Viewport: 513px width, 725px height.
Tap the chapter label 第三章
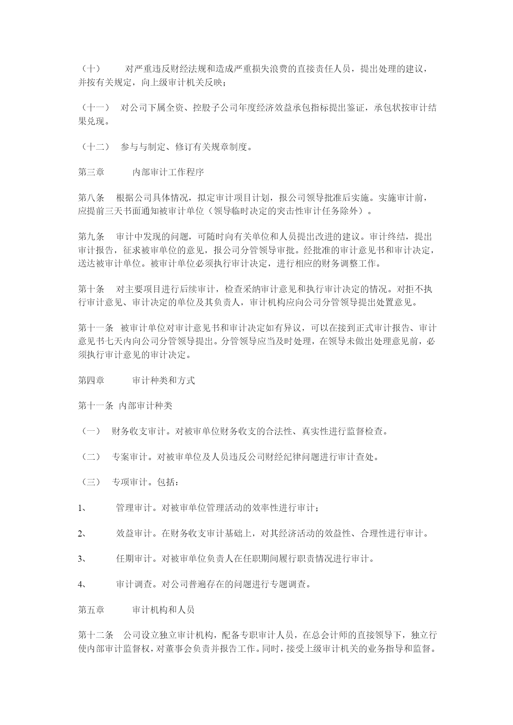tap(91, 172)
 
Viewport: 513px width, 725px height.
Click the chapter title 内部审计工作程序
tap(168, 172)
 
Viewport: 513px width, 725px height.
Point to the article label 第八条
tap(91, 198)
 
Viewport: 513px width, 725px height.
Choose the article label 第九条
tap(91, 237)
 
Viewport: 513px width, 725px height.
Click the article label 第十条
tap(91, 289)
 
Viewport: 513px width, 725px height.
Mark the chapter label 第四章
tap(91, 380)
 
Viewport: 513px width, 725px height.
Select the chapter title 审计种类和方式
tap(163, 380)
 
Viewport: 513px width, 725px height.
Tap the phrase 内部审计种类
tap(146, 406)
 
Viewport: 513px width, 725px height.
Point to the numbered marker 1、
tap(81, 508)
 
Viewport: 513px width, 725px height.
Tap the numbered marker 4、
tap(81, 584)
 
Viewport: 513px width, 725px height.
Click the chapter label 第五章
tap(91, 610)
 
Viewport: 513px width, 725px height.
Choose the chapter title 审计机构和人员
tap(163, 610)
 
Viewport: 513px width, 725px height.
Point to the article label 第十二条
tap(95, 635)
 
